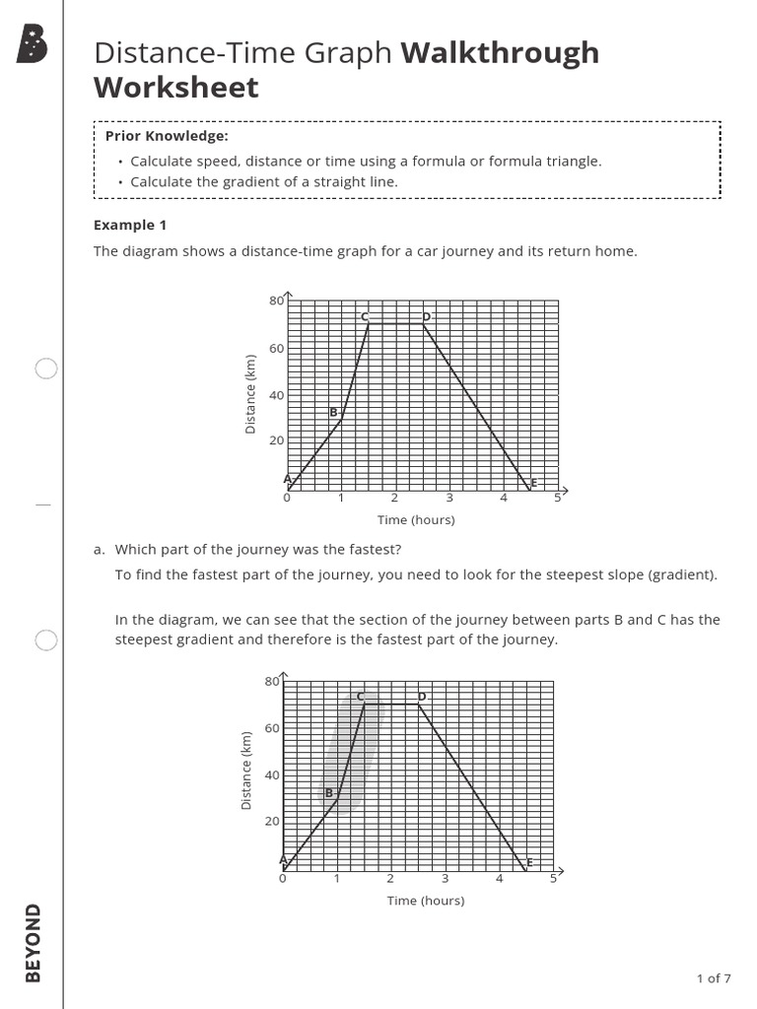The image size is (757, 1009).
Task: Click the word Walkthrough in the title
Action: (500, 52)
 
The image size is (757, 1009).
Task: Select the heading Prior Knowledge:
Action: (167, 136)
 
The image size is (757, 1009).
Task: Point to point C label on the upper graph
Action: (364, 316)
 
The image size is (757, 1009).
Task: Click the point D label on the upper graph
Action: (426, 316)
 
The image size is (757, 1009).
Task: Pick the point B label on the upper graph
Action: (333, 412)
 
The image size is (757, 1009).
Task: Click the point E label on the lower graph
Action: (529, 862)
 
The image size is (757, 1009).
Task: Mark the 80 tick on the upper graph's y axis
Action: (275, 301)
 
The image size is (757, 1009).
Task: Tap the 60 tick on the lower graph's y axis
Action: (271, 728)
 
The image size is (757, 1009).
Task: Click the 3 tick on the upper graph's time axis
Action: (448, 498)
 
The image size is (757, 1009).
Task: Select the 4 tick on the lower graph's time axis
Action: (499, 878)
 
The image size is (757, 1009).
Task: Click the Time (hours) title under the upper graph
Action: (416, 520)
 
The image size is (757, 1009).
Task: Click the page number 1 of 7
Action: (714, 978)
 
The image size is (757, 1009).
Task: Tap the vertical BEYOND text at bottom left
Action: (34, 943)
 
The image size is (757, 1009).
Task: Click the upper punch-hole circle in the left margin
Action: (46, 369)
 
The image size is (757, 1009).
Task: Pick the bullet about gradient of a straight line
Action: (264, 181)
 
